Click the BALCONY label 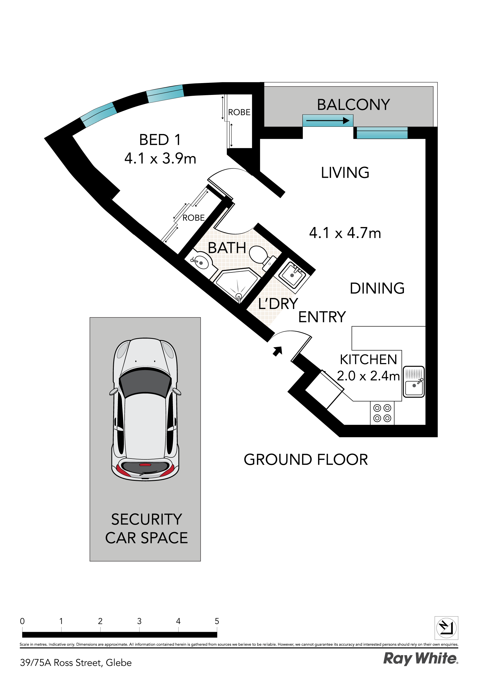coord(353,105)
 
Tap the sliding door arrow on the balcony coord(328,121)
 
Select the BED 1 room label coord(160,140)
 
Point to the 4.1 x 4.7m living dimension coord(345,233)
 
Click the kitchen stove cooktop coord(382,413)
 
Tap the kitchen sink coord(413,382)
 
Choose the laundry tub coord(292,275)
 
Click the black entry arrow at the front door coord(277,351)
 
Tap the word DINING coord(377,288)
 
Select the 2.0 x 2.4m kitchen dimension coord(368,376)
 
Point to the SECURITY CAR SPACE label coord(146,528)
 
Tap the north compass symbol coord(446,628)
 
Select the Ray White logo coord(421,659)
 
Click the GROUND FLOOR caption coord(306,460)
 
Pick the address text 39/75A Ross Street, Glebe coord(76,663)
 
